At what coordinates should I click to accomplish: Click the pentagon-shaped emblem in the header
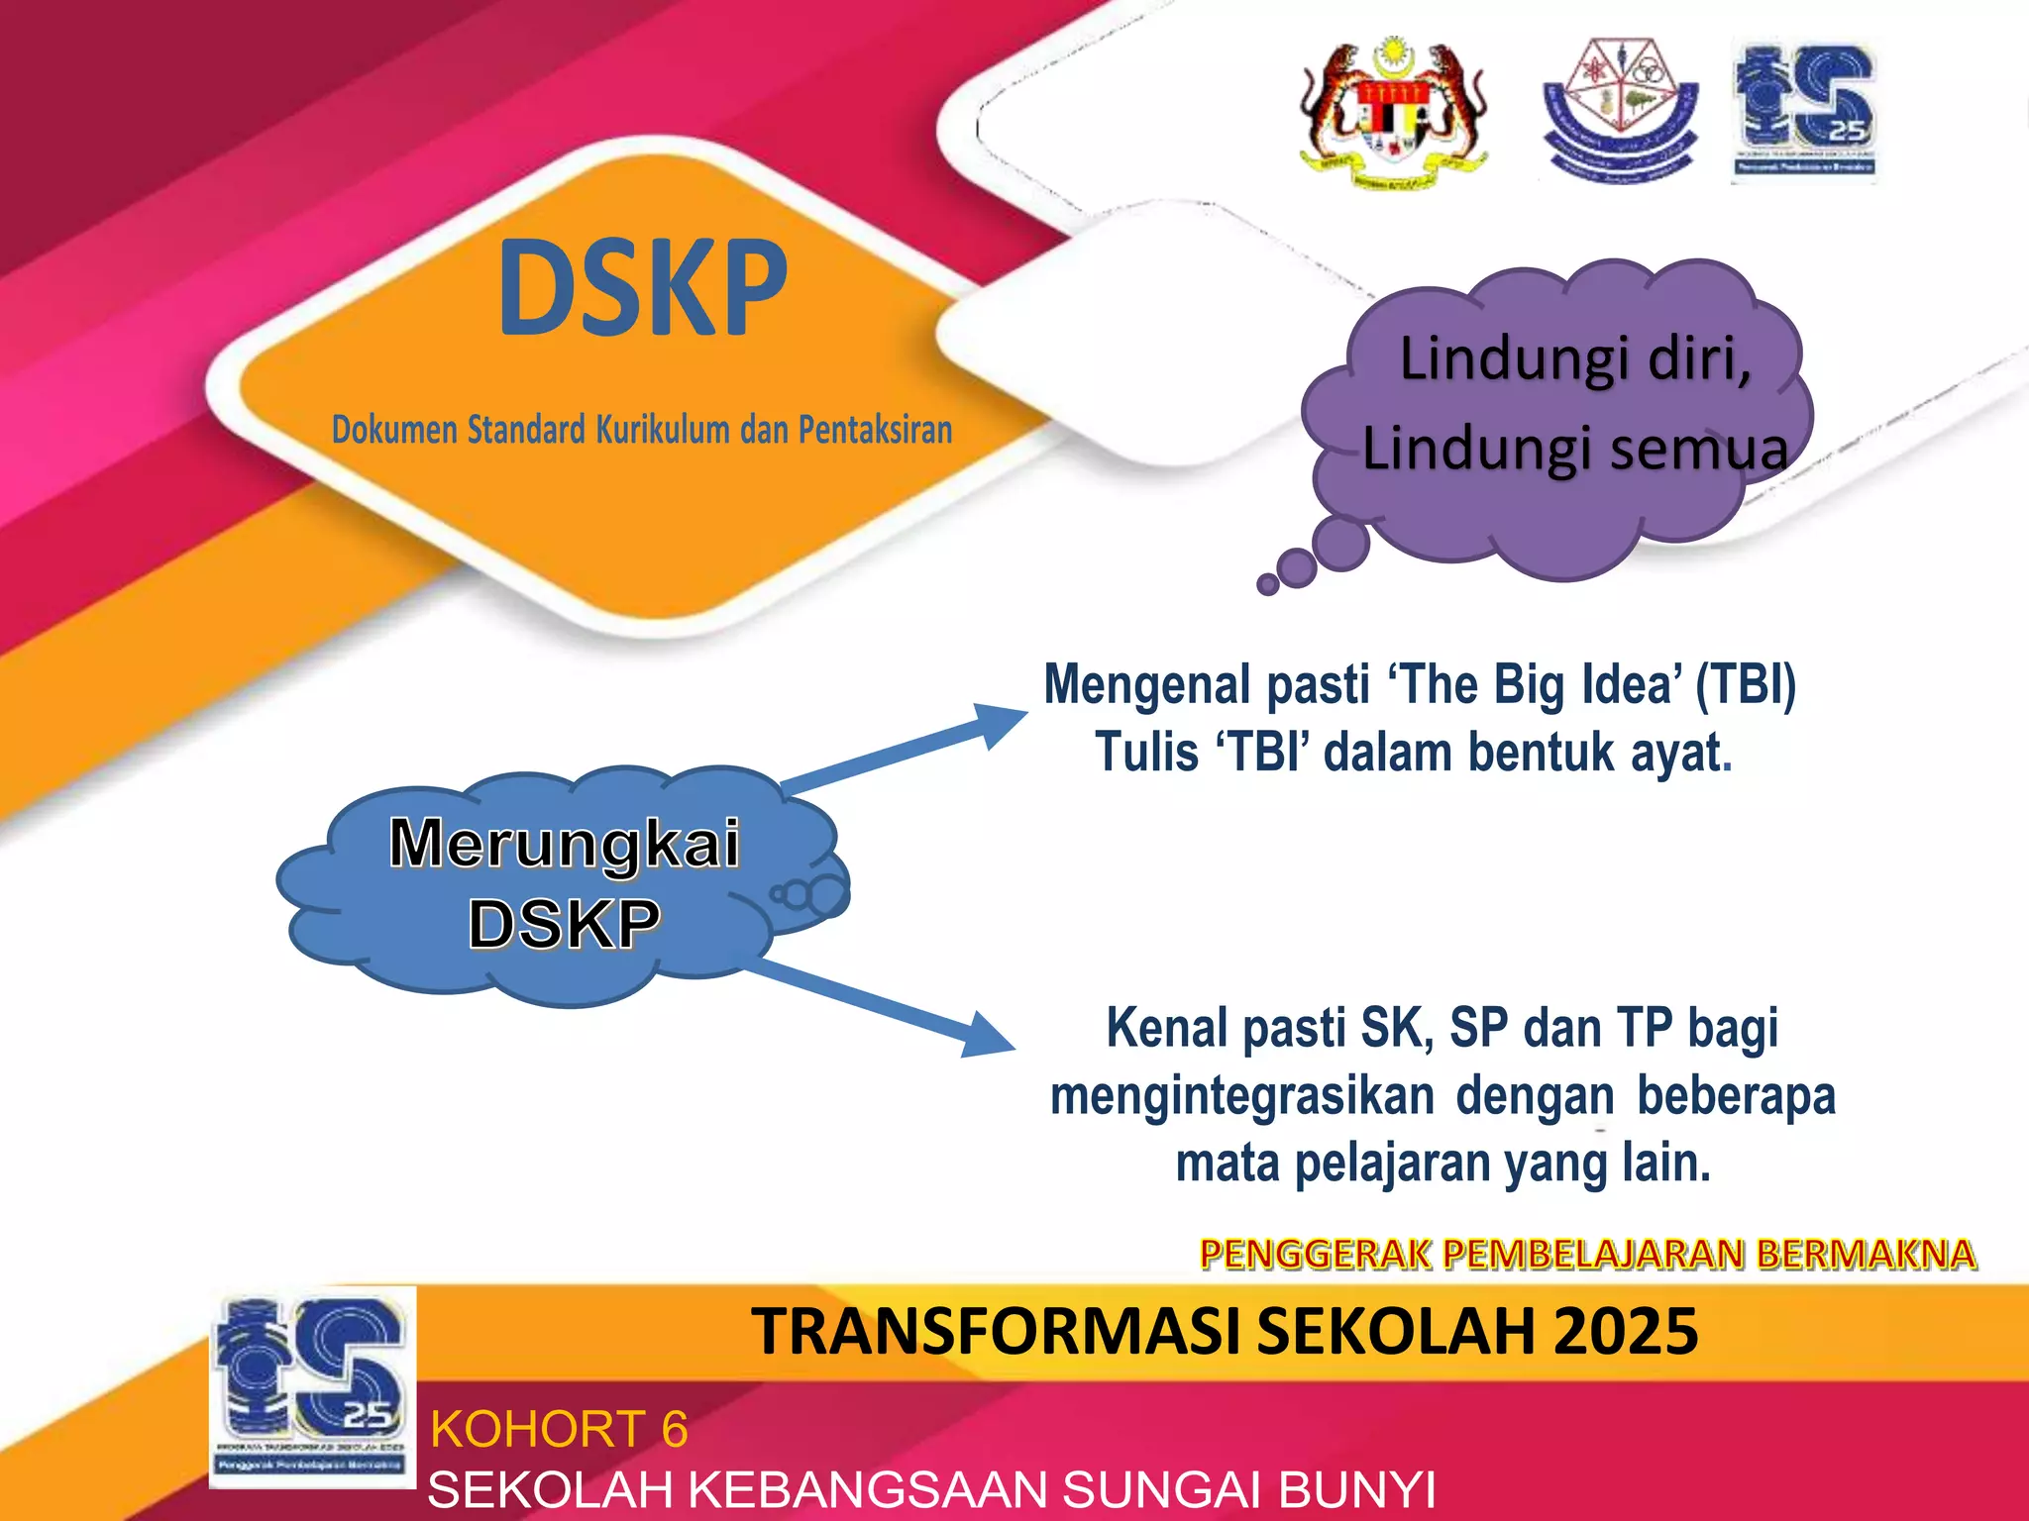(x=1621, y=109)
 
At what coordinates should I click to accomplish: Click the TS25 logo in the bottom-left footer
(x=312, y=1386)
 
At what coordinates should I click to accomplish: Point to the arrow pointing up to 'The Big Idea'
(x=907, y=747)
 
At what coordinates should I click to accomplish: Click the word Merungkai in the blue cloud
(x=565, y=844)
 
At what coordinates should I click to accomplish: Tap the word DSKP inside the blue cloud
(x=564, y=924)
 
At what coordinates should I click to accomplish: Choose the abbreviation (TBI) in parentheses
(x=1746, y=684)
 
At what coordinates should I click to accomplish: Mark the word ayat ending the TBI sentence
(x=1675, y=753)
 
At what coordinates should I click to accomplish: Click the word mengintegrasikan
(x=1242, y=1096)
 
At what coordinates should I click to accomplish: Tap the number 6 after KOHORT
(x=675, y=1429)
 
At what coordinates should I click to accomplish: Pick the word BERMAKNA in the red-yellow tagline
(x=1867, y=1255)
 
